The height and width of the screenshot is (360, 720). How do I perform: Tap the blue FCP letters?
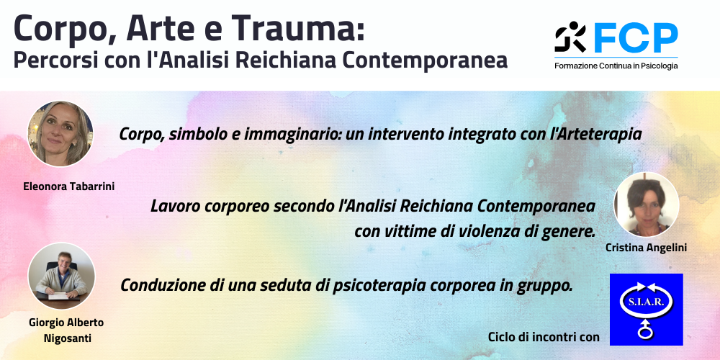(636, 38)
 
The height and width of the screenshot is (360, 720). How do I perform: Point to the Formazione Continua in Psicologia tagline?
(616, 66)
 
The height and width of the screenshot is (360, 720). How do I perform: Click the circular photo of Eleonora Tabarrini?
(60, 134)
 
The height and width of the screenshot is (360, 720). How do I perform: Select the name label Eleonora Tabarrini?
(69, 187)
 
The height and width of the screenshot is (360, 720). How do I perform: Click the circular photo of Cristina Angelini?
(646, 204)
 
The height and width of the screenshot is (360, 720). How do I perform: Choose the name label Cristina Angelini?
(646, 248)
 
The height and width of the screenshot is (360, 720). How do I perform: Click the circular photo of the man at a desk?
(61, 276)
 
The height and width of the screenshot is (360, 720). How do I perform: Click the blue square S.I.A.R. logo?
(646, 310)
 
